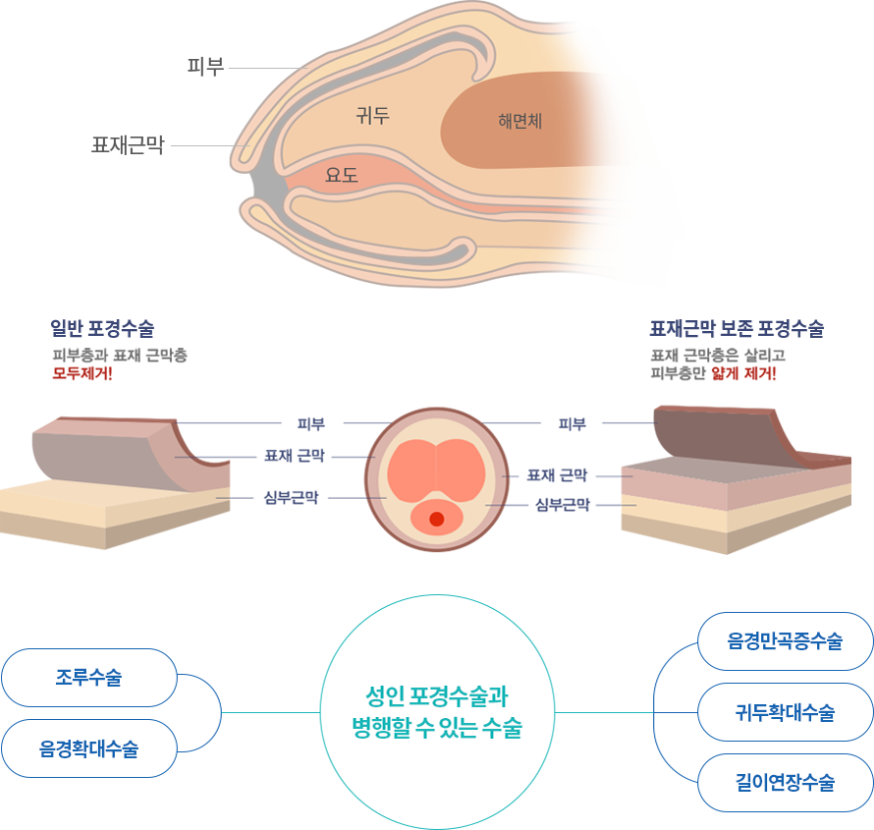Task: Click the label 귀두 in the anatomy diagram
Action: tap(372, 116)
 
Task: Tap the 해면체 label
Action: tap(520, 122)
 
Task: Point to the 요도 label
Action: tap(342, 176)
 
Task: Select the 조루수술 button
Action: tap(88, 677)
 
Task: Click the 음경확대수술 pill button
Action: tap(88, 749)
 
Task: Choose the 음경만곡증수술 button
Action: tap(785, 641)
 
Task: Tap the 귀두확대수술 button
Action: tap(785, 712)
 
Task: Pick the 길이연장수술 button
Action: tap(785, 783)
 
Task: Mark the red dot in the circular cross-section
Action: tap(437, 519)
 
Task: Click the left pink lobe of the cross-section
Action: tap(411, 470)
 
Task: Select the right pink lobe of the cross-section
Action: tap(462, 470)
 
